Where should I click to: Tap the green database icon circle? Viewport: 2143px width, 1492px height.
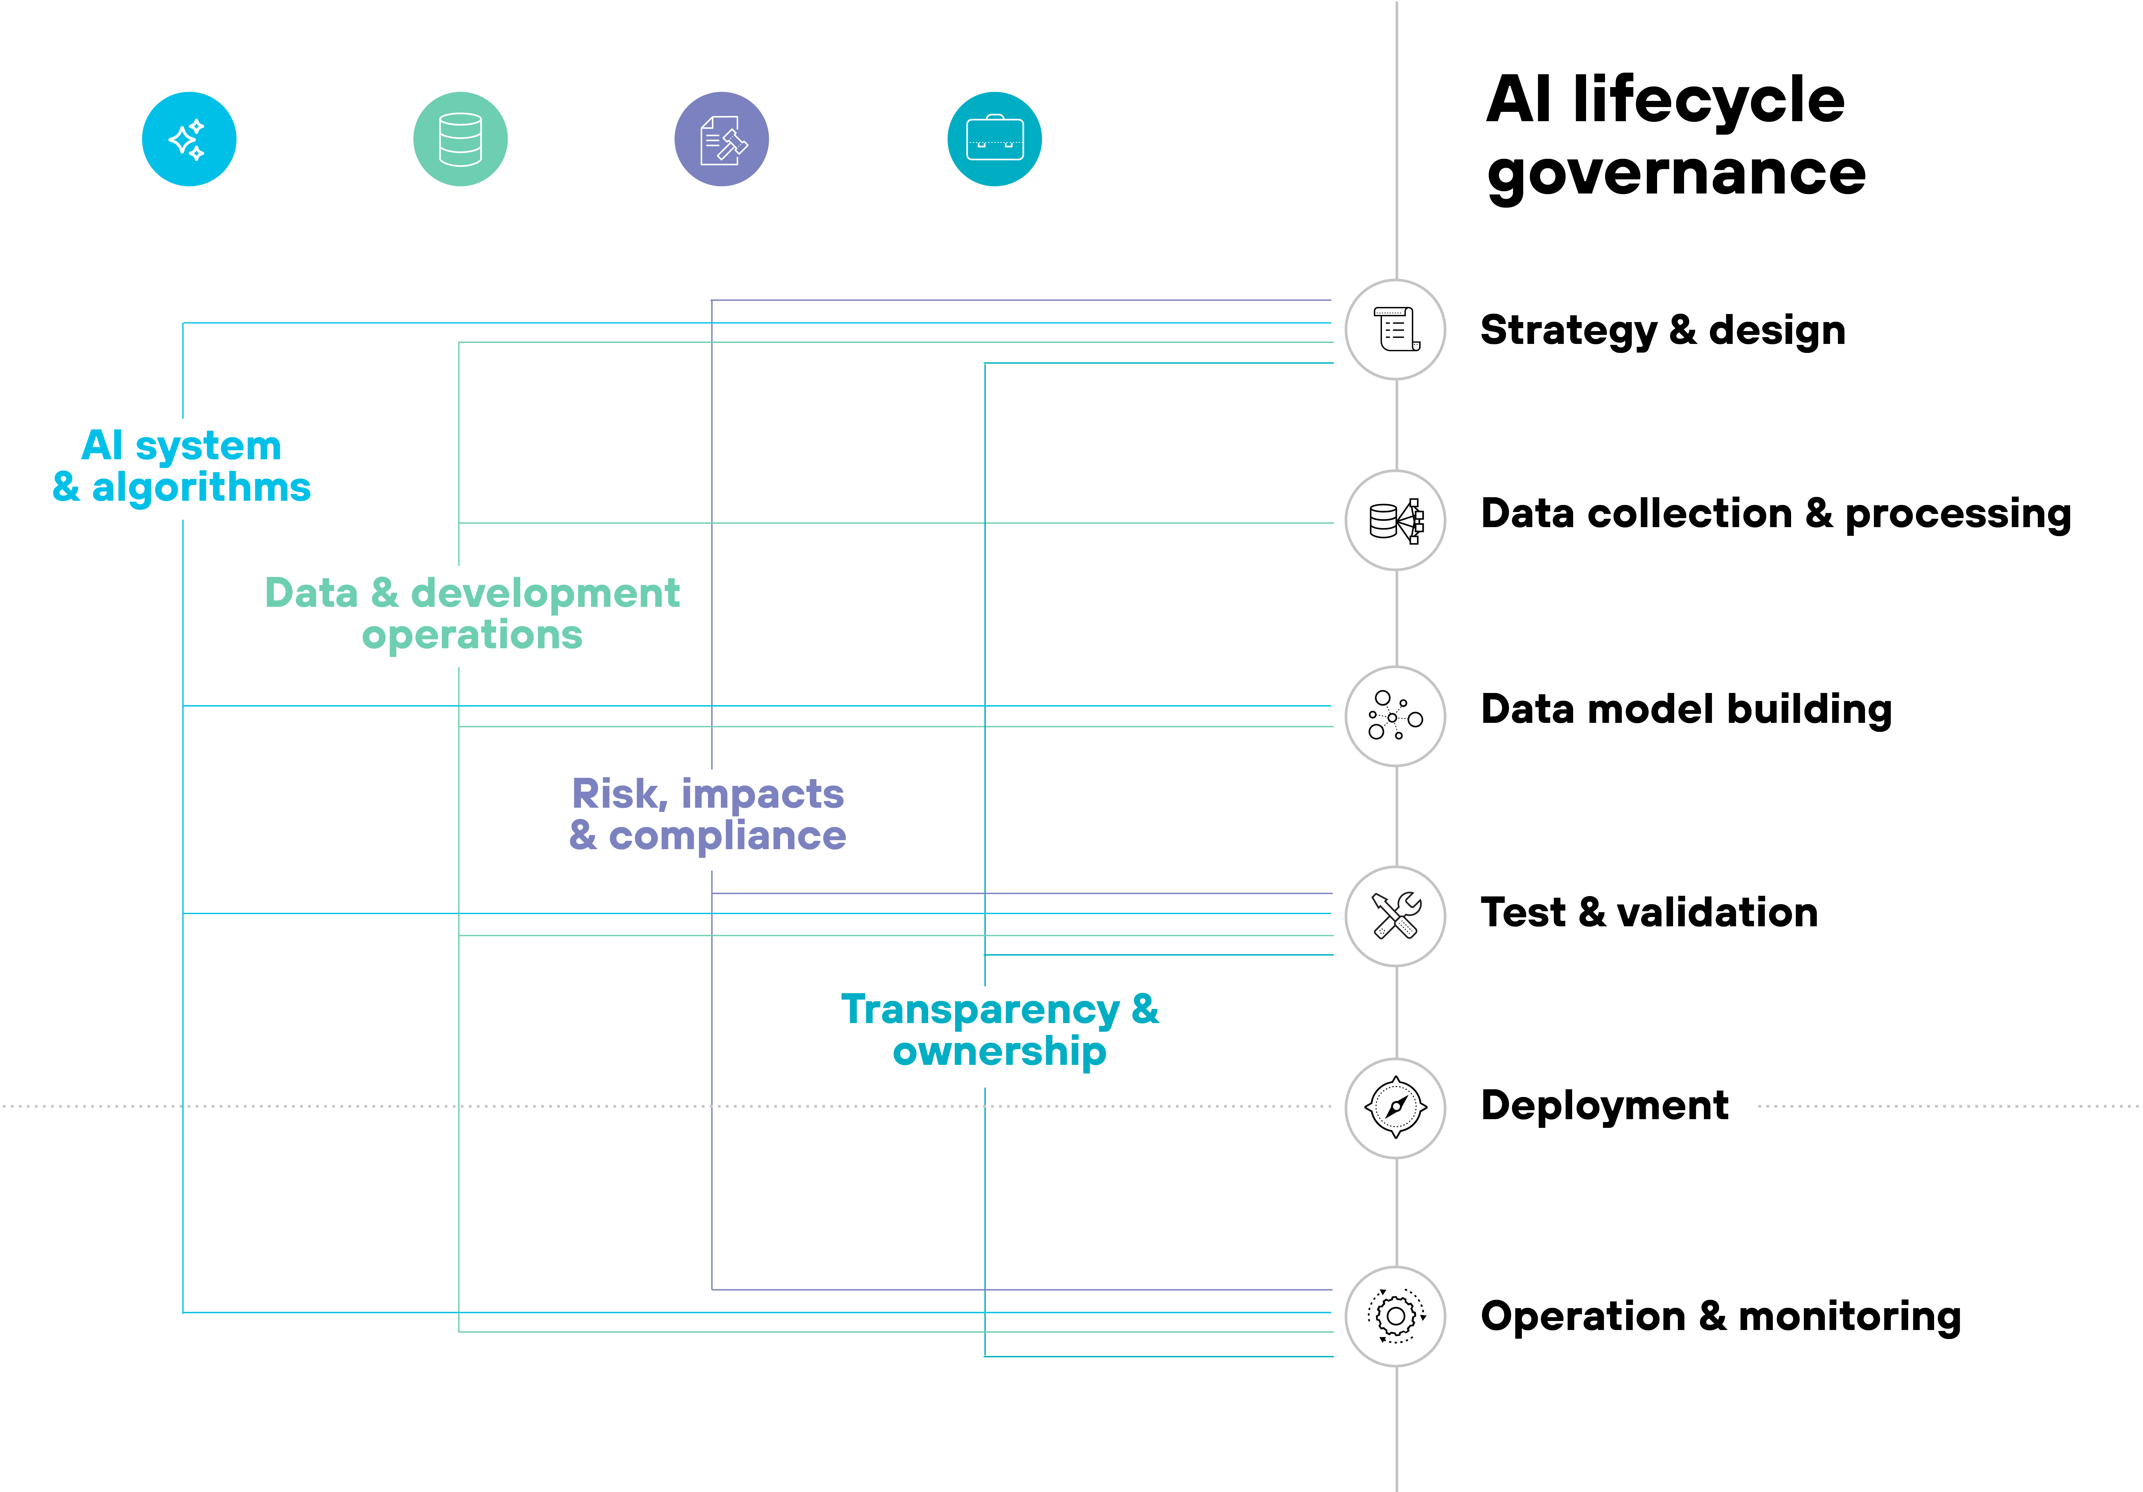[x=460, y=139]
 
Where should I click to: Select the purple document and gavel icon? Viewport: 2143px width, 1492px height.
[x=722, y=139]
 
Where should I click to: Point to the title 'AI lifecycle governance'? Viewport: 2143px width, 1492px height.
[x=1675, y=135]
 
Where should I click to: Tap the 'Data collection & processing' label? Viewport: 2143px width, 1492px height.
[x=1775, y=514]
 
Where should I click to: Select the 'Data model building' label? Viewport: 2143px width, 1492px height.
[x=1686, y=710]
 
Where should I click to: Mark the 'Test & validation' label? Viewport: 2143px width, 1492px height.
[x=1649, y=912]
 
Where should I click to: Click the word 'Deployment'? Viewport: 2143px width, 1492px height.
[x=1604, y=1105]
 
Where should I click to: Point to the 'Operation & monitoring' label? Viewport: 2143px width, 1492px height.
[x=1720, y=1317]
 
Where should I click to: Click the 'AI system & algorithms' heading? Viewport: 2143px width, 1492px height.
[x=182, y=466]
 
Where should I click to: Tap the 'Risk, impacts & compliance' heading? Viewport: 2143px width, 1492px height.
[x=707, y=814]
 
